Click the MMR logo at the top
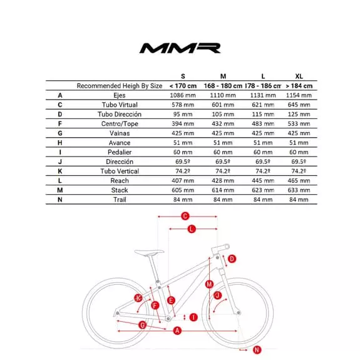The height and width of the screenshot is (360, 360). (x=180, y=48)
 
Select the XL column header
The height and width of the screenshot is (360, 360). (x=297, y=76)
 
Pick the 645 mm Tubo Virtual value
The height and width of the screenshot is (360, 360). (x=297, y=105)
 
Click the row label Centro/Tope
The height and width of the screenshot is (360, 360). (x=120, y=124)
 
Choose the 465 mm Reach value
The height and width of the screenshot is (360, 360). (x=297, y=180)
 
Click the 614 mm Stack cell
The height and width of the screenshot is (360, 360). (x=222, y=190)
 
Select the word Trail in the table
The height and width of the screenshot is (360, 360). (x=120, y=200)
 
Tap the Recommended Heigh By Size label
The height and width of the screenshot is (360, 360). (x=120, y=86)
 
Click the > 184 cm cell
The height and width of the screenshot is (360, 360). (x=297, y=86)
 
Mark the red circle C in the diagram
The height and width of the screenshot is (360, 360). (x=185, y=217)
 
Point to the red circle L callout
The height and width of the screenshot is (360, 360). (x=192, y=229)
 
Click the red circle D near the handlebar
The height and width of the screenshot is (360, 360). (x=232, y=259)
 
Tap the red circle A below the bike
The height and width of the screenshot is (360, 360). (x=177, y=330)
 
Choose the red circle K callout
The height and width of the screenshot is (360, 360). (x=138, y=297)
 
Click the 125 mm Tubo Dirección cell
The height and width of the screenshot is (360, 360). (x=297, y=114)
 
